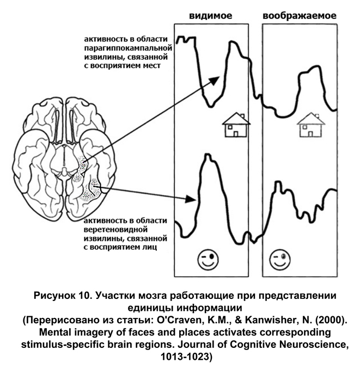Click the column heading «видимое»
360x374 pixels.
pyautogui.click(x=211, y=16)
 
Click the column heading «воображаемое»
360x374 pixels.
pyautogui.click(x=299, y=16)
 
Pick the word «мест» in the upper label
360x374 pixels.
pyautogui.click(x=156, y=66)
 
